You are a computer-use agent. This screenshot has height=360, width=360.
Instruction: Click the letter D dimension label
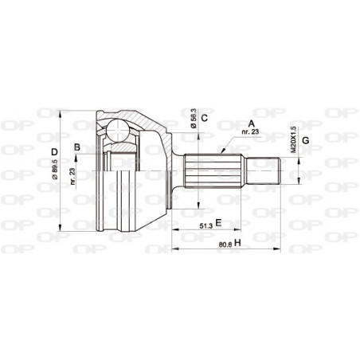[x=54, y=152]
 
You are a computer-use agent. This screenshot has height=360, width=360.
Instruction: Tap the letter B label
[x=77, y=147]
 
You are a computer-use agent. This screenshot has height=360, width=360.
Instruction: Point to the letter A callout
[x=252, y=123]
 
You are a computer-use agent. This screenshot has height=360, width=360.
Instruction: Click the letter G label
[x=305, y=141]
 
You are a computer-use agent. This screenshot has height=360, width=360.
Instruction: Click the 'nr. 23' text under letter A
[x=253, y=132]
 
